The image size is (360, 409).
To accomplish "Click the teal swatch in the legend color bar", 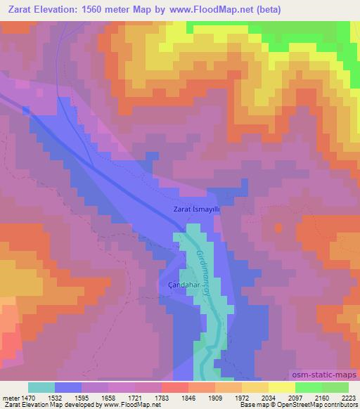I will pyautogui.click(x=41, y=387).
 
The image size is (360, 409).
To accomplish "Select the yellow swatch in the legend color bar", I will pyautogui.click(x=282, y=387).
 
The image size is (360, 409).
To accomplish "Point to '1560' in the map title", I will pyautogui.click(x=124, y=10).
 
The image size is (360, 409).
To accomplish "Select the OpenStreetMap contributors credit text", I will pyautogui.click(x=317, y=405).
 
